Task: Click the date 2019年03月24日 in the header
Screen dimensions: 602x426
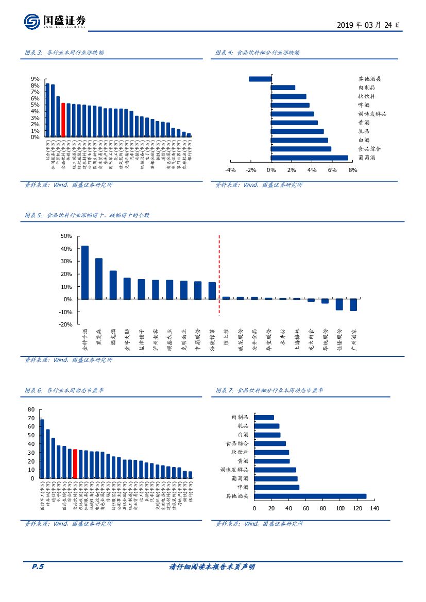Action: [368, 25]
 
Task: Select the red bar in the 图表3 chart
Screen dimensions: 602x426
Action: [63, 120]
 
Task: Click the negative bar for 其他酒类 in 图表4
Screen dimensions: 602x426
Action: [260, 79]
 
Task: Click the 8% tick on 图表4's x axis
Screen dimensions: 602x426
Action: [352, 170]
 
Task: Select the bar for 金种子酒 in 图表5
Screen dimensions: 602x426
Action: [85, 272]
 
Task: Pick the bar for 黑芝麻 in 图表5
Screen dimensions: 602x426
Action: [99, 279]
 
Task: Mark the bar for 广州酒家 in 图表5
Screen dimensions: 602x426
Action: [353, 305]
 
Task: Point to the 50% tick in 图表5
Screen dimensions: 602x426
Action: [66, 236]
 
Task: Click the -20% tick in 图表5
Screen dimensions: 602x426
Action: [65, 325]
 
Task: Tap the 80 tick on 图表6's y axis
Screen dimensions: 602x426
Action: [31, 409]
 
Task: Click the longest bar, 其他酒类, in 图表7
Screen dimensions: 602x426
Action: [310, 496]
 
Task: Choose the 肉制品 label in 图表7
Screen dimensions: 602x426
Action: [240, 417]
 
